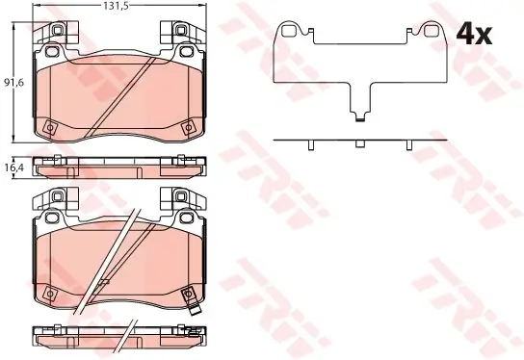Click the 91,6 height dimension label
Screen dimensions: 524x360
click(x=13, y=82)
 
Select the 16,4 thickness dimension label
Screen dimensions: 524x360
click(x=13, y=167)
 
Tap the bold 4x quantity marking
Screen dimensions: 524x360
click(x=475, y=35)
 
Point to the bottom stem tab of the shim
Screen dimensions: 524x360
click(x=359, y=116)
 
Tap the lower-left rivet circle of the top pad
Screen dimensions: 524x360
click(x=50, y=127)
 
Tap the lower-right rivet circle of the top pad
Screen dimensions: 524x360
click(x=188, y=127)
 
